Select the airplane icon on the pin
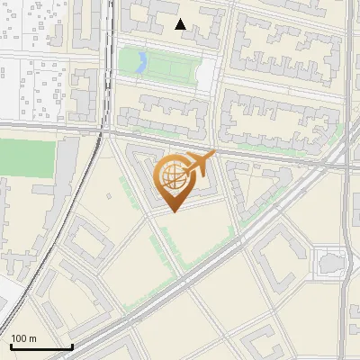200,163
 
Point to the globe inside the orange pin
171,175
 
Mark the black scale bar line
41,346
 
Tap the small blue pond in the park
140,62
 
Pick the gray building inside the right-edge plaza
329,263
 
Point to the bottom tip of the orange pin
173,211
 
